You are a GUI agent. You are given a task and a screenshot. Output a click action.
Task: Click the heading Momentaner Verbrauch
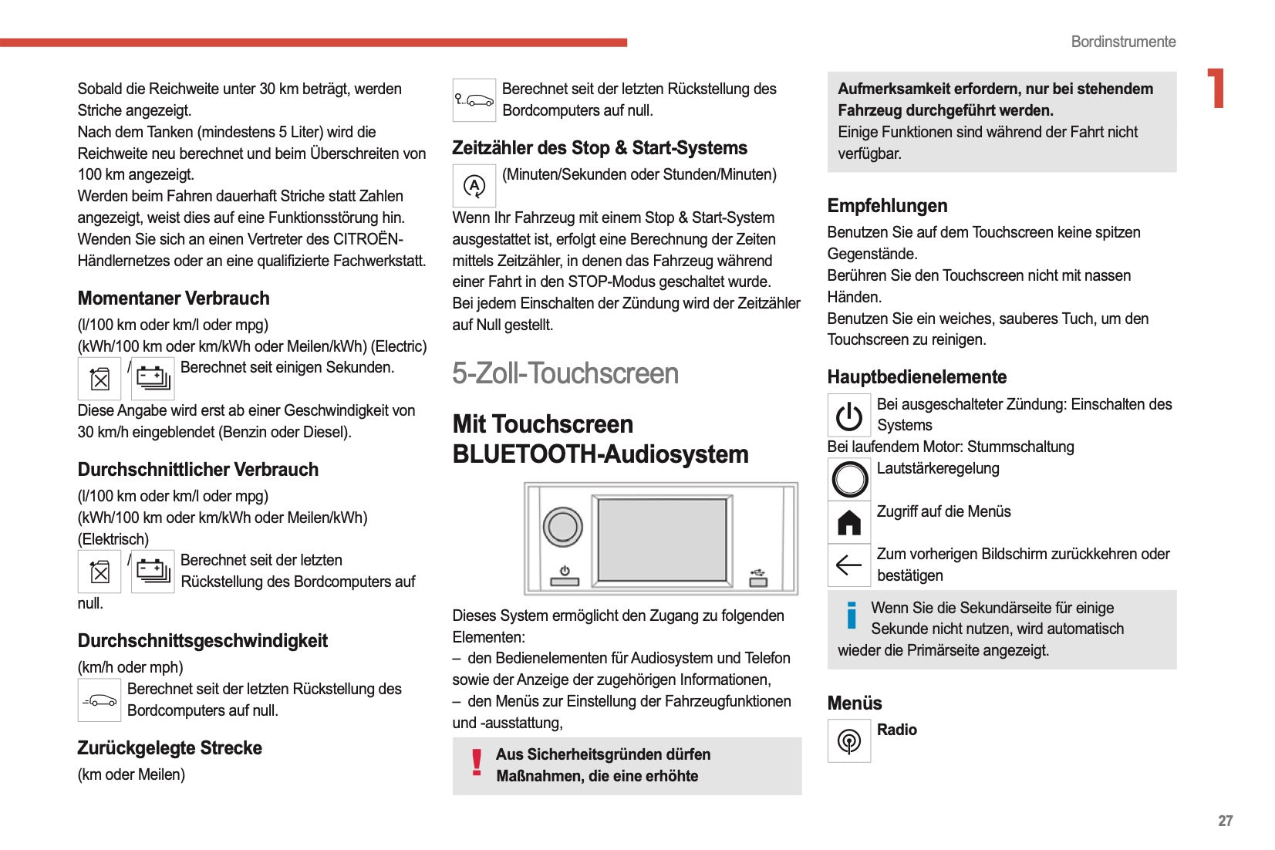point(174,299)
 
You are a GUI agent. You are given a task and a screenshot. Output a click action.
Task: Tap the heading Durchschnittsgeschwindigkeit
point(202,641)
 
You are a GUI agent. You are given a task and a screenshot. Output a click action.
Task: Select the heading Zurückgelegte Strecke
point(170,748)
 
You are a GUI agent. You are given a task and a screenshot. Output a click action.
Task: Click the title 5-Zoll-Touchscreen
point(565,374)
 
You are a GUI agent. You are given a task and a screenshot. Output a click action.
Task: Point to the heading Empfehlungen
point(887,206)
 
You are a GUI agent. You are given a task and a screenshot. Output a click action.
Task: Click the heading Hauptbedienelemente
point(916,377)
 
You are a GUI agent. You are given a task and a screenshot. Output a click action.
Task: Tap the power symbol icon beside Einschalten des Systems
point(849,416)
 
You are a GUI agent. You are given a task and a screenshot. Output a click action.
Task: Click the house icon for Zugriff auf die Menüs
point(849,522)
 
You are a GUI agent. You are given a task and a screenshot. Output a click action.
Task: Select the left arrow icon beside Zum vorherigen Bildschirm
point(849,565)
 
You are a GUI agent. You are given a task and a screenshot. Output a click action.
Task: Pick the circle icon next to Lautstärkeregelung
point(850,479)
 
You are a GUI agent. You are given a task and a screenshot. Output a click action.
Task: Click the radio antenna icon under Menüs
point(849,741)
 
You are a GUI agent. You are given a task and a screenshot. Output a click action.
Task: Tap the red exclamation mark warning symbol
point(477,762)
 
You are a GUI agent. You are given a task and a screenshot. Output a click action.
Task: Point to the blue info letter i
point(852,616)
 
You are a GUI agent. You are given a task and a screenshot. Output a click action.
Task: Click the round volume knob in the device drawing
point(563,528)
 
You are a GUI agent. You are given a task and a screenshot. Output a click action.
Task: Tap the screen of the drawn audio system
point(662,539)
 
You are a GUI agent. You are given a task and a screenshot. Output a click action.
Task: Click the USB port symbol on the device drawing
point(758,578)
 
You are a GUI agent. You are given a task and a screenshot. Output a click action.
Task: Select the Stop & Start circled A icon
point(474,186)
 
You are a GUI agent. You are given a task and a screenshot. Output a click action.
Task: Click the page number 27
point(1225,821)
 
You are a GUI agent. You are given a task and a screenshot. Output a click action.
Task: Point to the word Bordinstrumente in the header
point(1123,42)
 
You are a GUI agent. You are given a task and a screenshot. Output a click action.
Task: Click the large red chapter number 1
point(1216,89)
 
